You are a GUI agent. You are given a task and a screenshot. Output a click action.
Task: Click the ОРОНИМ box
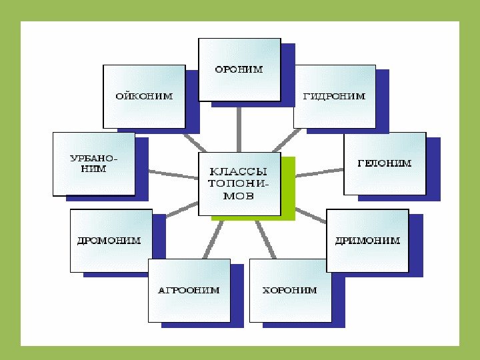point(239,69)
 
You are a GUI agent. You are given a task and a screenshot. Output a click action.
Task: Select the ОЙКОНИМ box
point(143,96)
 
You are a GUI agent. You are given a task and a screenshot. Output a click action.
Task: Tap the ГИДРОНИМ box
point(334,96)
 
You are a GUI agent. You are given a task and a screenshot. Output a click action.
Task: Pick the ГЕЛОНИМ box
point(385,163)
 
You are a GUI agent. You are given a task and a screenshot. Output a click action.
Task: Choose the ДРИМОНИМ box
point(367,240)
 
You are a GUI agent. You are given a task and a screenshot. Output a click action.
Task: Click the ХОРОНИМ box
point(290,291)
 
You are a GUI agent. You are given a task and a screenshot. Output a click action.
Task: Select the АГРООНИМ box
point(189,291)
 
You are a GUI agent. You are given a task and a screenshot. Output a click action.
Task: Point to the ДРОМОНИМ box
point(111,240)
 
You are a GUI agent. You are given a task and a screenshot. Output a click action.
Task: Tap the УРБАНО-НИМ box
point(93,163)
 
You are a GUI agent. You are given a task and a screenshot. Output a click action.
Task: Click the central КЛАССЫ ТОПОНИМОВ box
point(239,184)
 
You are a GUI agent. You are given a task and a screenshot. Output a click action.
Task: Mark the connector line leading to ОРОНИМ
point(239,126)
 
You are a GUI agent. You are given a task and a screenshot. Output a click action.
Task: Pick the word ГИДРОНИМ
point(334,96)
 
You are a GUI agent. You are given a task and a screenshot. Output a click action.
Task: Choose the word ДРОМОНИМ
point(111,240)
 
